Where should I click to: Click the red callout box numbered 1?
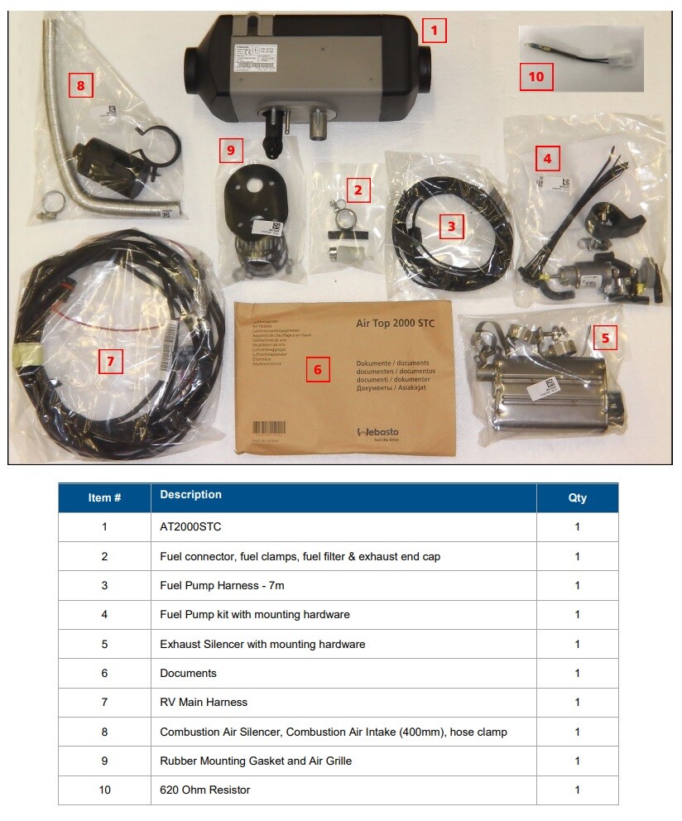(x=434, y=31)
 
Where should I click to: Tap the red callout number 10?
(x=536, y=77)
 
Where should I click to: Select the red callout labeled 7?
(x=110, y=361)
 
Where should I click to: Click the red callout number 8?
(x=80, y=85)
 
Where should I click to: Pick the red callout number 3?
(x=451, y=226)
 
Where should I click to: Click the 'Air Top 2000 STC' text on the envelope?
(x=395, y=323)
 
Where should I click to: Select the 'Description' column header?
(x=190, y=495)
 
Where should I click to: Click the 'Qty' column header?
(x=577, y=497)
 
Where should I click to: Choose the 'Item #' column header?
(x=104, y=497)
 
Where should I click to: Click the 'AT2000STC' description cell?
(x=190, y=527)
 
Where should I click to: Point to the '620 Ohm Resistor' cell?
(x=204, y=790)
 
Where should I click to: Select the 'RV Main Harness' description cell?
(x=204, y=703)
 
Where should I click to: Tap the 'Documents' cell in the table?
(x=188, y=674)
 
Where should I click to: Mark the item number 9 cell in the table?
(x=104, y=761)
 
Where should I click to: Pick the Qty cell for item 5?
(x=577, y=644)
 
